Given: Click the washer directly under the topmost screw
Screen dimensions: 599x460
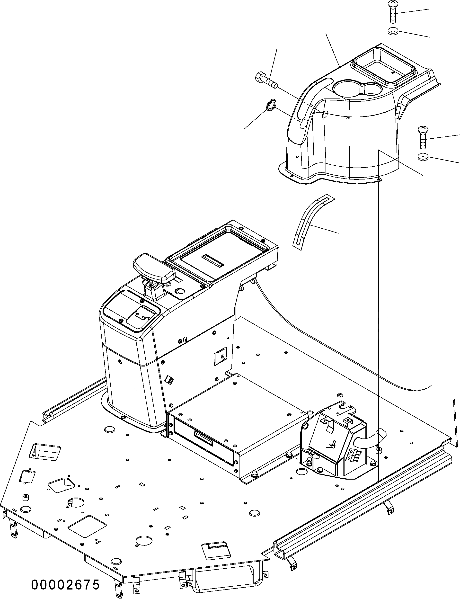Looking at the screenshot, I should (393, 32).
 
